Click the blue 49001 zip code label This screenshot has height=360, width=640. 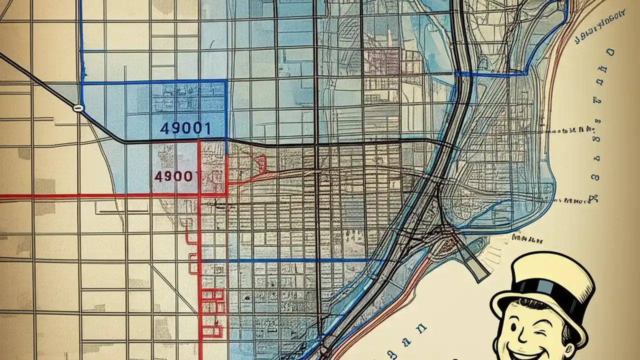coord(185,128)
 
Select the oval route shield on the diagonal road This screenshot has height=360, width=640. coord(77,107)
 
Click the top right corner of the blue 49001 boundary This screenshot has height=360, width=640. coord(226,81)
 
